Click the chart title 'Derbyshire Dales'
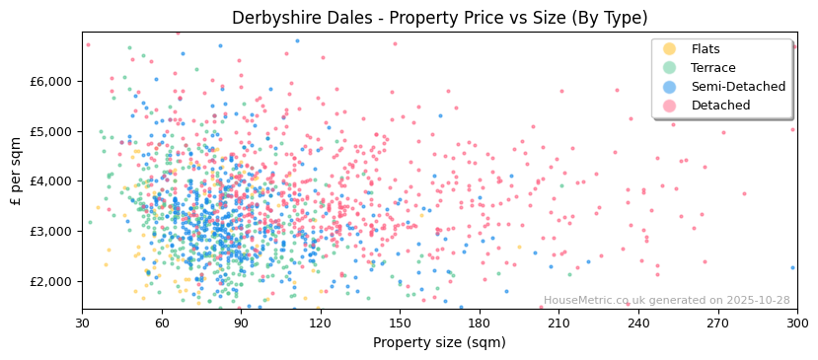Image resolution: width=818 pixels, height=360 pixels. tap(439, 18)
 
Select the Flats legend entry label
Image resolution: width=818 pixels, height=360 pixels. tap(706, 49)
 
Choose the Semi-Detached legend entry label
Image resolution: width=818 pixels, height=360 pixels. tap(738, 87)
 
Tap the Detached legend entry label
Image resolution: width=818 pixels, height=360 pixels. tap(720, 106)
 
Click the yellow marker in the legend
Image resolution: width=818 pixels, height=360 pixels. tap(669, 49)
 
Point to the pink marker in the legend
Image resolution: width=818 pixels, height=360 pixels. tap(669, 106)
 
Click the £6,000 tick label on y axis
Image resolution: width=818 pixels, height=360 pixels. tap(54, 81)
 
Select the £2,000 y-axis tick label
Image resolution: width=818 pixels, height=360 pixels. tap(54, 281)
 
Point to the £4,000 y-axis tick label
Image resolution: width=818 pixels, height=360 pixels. tap(54, 181)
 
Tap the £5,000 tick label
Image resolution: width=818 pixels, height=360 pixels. tap(54, 131)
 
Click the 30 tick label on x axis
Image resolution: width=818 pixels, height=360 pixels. tap(82, 324)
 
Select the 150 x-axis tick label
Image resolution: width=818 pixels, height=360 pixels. tap(400, 324)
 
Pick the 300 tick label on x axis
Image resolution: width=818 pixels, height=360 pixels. tap(796, 324)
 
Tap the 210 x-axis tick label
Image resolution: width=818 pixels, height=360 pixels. tap(558, 324)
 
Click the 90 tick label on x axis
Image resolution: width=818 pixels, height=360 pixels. tap(241, 324)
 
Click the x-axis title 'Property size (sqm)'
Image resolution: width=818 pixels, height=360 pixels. tap(439, 343)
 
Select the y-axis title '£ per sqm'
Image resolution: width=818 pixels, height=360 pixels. tap(16, 171)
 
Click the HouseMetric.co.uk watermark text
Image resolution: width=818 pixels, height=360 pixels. tap(666, 301)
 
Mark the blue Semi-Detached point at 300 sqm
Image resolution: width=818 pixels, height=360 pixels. tap(792, 267)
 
